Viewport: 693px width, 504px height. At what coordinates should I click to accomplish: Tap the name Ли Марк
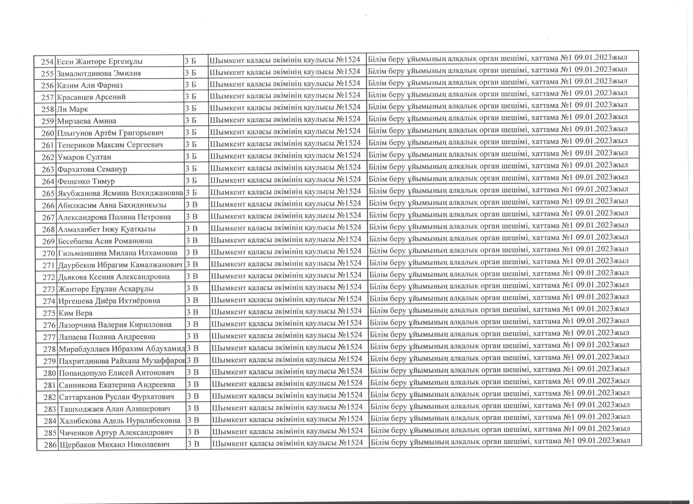73,109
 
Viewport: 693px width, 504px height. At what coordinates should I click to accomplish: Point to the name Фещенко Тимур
86,181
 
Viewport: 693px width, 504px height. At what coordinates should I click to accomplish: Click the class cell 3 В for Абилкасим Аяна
192,205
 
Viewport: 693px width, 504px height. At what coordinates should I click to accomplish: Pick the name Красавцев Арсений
91,97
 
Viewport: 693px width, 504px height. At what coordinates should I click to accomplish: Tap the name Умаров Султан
84,157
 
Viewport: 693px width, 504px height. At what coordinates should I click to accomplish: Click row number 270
49,253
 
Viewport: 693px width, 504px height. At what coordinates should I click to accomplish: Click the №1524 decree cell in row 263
348,167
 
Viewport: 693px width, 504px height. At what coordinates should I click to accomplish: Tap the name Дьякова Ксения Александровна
114,277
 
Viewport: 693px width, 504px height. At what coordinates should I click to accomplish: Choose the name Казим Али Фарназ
90,85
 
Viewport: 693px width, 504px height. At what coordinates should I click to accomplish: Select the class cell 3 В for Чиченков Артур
193,432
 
